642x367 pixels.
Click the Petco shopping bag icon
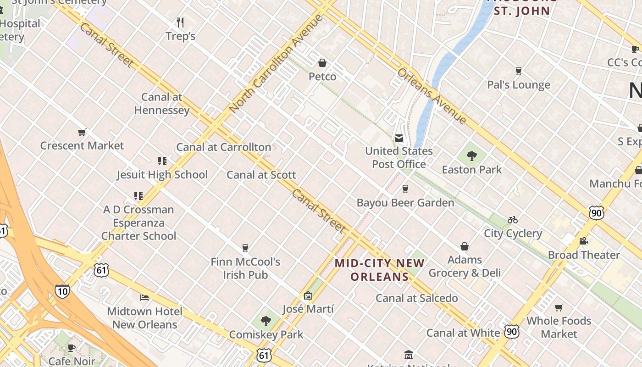pos(322,63)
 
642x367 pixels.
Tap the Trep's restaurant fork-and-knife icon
pos(180,22)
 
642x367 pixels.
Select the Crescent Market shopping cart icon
pos(82,133)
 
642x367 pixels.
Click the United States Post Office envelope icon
pos(399,138)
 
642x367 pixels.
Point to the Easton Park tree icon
pos(472,156)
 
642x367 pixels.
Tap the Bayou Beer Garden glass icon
pos(405,189)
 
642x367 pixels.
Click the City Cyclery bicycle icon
pos(513,220)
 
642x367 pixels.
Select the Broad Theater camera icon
pos(583,241)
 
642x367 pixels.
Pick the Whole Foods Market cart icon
pos(559,307)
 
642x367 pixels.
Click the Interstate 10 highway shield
pos(62,291)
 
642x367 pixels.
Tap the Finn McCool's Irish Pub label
pos(245,268)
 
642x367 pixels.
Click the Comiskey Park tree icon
pos(266,321)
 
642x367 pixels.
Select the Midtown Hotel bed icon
pos(144,298)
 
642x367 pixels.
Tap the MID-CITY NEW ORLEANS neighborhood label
pos(379,270)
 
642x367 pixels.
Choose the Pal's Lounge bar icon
pos(518,71)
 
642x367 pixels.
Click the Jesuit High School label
pos(162,175)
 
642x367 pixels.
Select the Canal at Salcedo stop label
pos(416,298)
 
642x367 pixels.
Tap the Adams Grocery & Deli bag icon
pos(465,247)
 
